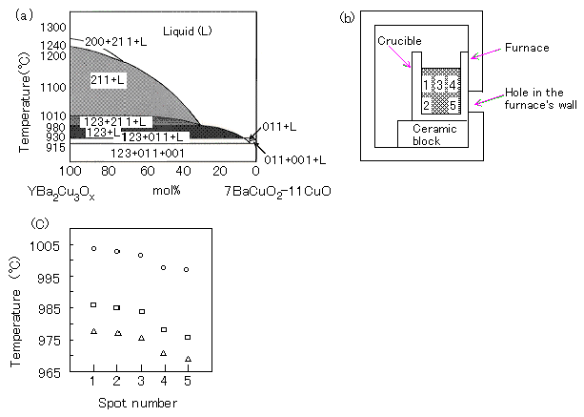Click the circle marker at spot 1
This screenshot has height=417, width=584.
click(93, 248)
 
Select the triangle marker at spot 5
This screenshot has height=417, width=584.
click(187, 359)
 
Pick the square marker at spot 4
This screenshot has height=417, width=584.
click(164, 329)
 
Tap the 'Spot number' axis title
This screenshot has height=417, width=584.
click(139, 405)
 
